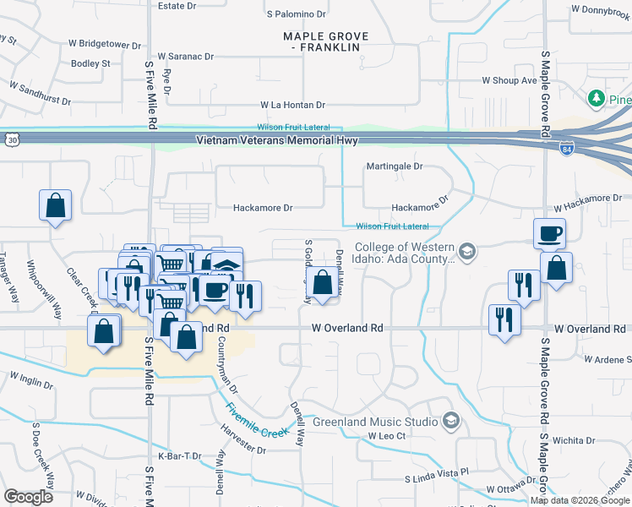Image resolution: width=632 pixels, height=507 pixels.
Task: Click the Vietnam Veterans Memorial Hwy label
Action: [276, 140]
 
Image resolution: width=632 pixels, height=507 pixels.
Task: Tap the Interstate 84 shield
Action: [565, 149]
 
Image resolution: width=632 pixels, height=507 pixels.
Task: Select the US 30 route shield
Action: [9, 138]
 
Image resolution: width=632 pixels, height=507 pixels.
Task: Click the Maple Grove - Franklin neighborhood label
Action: [321, 41]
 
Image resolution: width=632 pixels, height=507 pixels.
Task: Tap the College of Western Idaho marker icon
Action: [469, 252]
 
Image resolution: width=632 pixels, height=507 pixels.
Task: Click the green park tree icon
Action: [597, 99]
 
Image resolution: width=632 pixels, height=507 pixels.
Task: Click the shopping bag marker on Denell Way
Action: [323, 283]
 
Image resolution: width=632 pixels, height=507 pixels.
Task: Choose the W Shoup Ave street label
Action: [509, 81]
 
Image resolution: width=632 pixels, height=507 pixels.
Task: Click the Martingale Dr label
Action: [394, 166]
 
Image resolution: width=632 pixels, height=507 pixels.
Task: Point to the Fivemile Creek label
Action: [258, 420]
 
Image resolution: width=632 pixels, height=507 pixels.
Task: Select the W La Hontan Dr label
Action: [292, 105]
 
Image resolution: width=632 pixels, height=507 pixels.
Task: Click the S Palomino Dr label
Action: [296, 14]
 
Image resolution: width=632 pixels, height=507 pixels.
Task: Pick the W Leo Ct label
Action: [387, 436]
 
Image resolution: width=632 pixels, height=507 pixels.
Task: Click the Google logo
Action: [29, 497]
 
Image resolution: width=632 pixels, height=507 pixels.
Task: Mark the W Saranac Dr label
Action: [185, 56]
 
